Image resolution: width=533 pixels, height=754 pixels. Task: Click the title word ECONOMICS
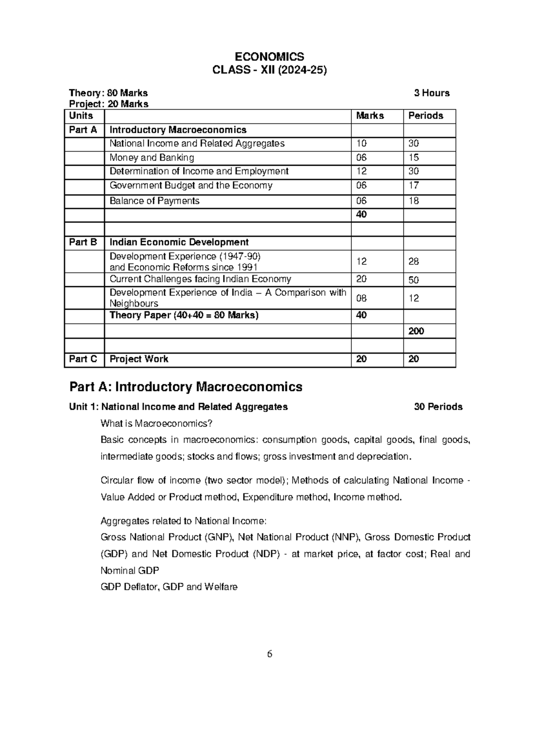point(269,57)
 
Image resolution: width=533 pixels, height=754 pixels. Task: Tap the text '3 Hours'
point(431,93)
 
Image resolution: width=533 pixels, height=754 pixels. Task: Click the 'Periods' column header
point(426,116)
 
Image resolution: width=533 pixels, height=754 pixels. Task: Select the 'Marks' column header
point(370,116)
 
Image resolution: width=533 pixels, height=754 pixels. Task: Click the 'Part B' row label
point(83,242)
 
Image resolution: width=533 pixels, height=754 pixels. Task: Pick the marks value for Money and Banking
point(362,158)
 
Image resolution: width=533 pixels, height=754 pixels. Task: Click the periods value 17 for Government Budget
point(414,185)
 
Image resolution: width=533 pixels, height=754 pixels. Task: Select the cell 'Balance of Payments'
point(155,201)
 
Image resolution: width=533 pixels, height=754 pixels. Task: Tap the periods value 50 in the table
point(414,280)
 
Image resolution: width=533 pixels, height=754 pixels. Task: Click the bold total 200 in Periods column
point(416,331)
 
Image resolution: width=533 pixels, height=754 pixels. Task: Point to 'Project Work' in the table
point(139,359)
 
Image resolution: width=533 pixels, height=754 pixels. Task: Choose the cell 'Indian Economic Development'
point(179,242)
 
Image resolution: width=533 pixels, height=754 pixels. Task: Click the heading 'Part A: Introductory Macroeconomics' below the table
point(186,387)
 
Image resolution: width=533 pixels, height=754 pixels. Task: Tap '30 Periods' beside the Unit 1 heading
point(438,407)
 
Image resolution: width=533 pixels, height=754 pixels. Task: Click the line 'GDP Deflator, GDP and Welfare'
point(169,587)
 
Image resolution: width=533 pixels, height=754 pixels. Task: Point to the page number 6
point(269,654)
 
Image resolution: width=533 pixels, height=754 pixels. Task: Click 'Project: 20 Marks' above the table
point(108,104)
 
